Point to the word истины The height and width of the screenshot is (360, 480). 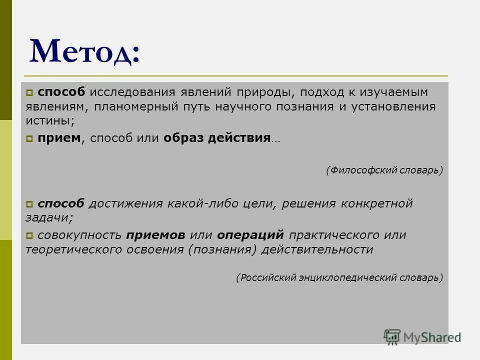(49, 121)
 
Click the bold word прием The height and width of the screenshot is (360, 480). (59, 138)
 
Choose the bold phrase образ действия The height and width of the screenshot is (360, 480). (216, 138)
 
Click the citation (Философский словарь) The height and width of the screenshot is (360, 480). (384, 170)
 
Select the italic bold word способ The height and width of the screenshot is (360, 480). (61, 203)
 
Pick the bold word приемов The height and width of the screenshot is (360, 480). (156, 235)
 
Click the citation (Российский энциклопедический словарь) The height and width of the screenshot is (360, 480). (339, 277)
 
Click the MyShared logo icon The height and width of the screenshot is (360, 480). (392, 336)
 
